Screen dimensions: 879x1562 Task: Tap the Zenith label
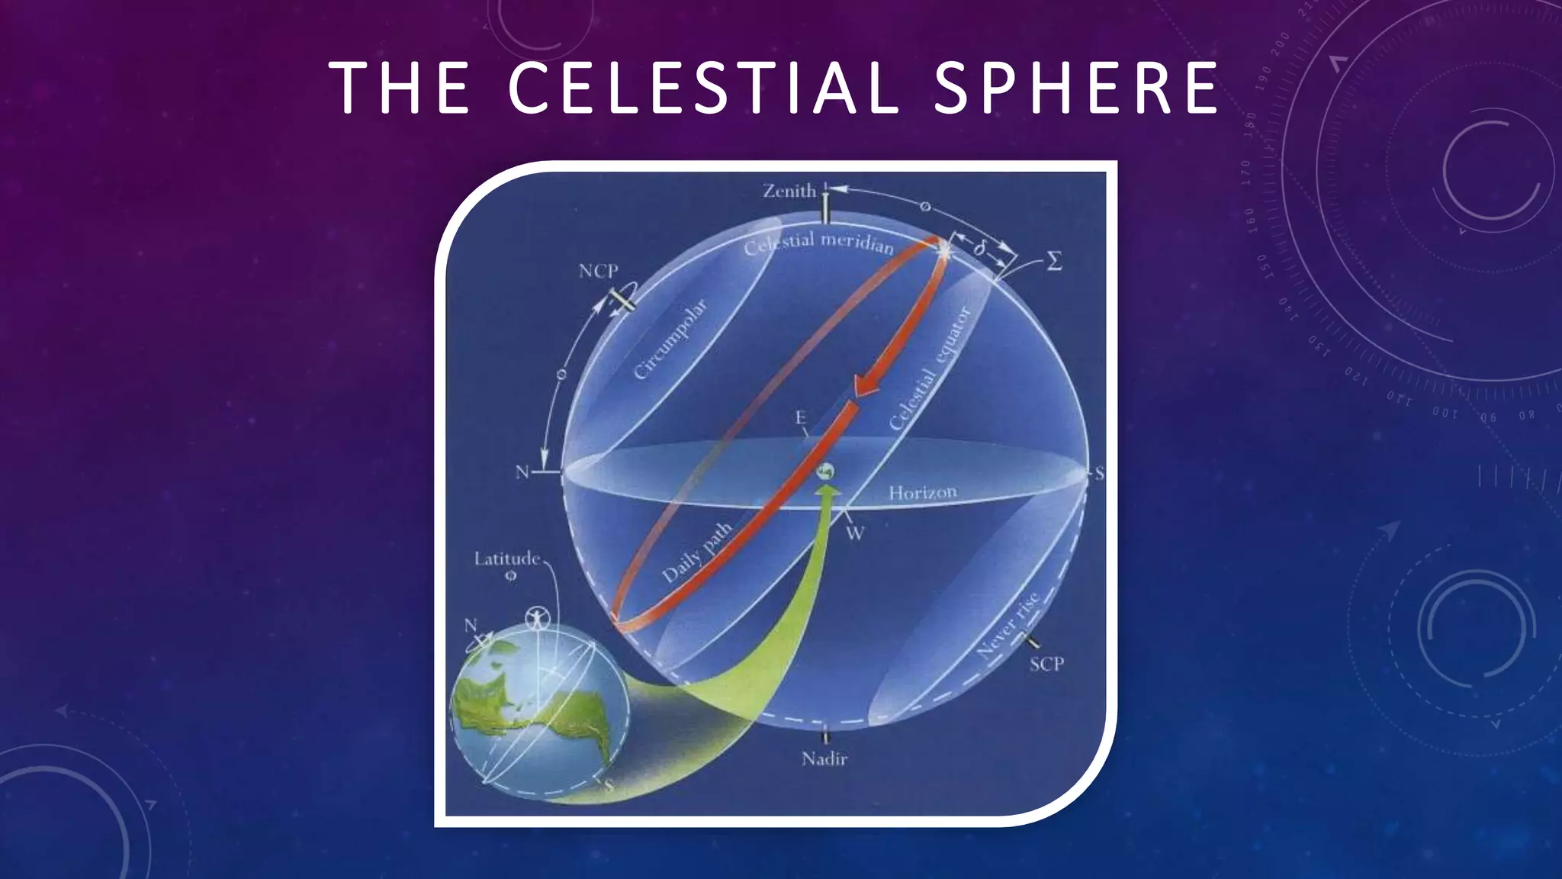[789, 191]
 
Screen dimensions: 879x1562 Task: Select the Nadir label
[824, 759]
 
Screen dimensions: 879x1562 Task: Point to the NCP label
[598, 271]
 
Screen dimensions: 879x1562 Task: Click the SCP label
[1046, 664]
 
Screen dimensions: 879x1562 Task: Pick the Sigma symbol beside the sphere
[1054, 262]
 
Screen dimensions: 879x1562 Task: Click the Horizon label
[922, 493]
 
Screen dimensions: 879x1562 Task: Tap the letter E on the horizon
[800, 417]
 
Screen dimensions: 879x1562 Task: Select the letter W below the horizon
[855, 533]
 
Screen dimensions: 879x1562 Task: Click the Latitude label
[506, 559]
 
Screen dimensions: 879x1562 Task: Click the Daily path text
[696, 553]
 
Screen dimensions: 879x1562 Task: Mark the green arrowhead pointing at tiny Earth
[828, 494]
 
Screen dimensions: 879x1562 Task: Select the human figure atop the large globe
[538, 616]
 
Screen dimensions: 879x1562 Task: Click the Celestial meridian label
[818, 243]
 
